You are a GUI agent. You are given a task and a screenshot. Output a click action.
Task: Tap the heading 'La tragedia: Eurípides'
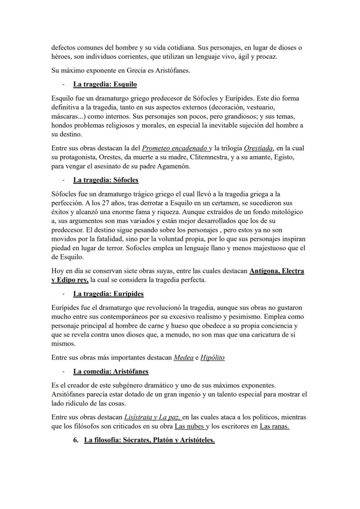pyautogui.click(x=108, y=294)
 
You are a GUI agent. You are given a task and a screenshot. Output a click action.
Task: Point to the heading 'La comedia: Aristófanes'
pyautogui.click(x=111, y=371)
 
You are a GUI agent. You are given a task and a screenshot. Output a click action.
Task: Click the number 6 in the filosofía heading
pyautogui.click(x=76, y=440)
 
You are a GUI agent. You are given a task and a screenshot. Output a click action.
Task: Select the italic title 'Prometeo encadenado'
pyautogui.click(x=174, y=148)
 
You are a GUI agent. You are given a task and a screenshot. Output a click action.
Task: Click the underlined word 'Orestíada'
pyautogui.click(x=258, y=148)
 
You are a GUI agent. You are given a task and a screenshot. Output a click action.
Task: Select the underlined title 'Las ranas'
pyautogui.click(x=274, y=426)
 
